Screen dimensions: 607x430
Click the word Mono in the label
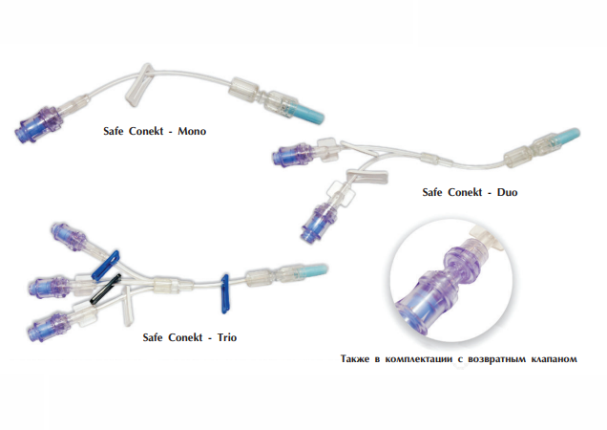click(x=192, y=131)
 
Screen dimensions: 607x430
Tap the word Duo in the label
click(x=507, y=192)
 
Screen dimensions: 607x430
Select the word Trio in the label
click(x=227, y=337)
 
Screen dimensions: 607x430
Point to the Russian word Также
click(x=355, y=359)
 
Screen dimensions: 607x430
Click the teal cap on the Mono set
click(x=309, y=113)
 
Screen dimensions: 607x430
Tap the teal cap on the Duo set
click(x=568, y=136)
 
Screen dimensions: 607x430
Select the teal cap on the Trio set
click(x=315, y=271)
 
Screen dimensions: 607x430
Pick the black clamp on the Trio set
click(x=106, y=289)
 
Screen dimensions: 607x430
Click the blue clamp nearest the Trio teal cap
click(x=225, y=293)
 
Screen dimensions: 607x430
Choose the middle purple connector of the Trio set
click(x=50, y=288)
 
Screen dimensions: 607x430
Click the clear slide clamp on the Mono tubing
click(x=138, y=86)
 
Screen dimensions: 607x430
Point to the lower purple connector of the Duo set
click(x=316, y=224)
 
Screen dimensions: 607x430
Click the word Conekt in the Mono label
click(x=146, y=131)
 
